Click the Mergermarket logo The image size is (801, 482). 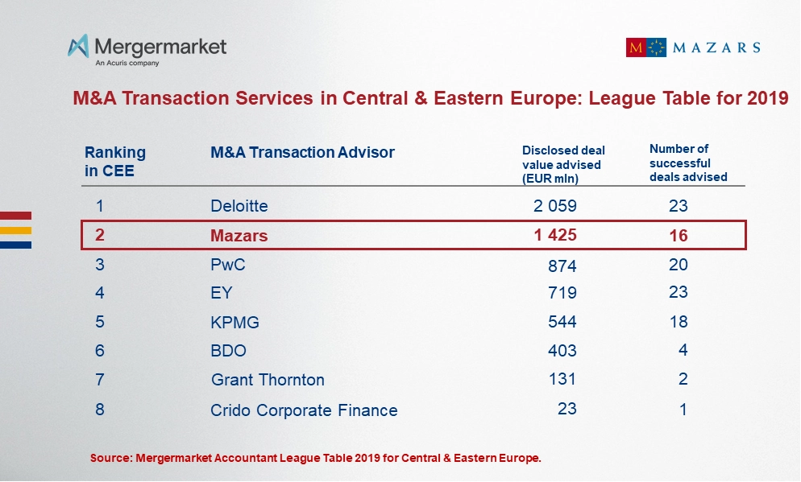click(147, 49)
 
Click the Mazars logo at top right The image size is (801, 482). click(692, 47)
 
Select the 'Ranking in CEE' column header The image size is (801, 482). click(115, 161)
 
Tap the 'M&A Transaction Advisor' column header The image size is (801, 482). click(302, 152)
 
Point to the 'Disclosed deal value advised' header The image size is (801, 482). click(563, 164)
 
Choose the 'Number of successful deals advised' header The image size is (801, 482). click(688, 163)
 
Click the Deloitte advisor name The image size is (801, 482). click(239, 206)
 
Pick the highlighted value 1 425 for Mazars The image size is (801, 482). click(554, 236)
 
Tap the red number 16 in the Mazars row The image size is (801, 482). click(678, 236)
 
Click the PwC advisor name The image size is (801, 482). click(227, 265)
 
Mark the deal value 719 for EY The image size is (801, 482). click(562, 293)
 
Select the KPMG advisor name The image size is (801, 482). click(234, 322)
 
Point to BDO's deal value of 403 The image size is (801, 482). click(562, 351)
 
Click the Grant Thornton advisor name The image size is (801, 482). click(268, 380)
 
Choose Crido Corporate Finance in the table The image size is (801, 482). click(304, 410)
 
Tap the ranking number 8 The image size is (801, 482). click(100, 409)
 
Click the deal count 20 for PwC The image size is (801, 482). click(678, 265)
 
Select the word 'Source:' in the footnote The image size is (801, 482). click(111, 458)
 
